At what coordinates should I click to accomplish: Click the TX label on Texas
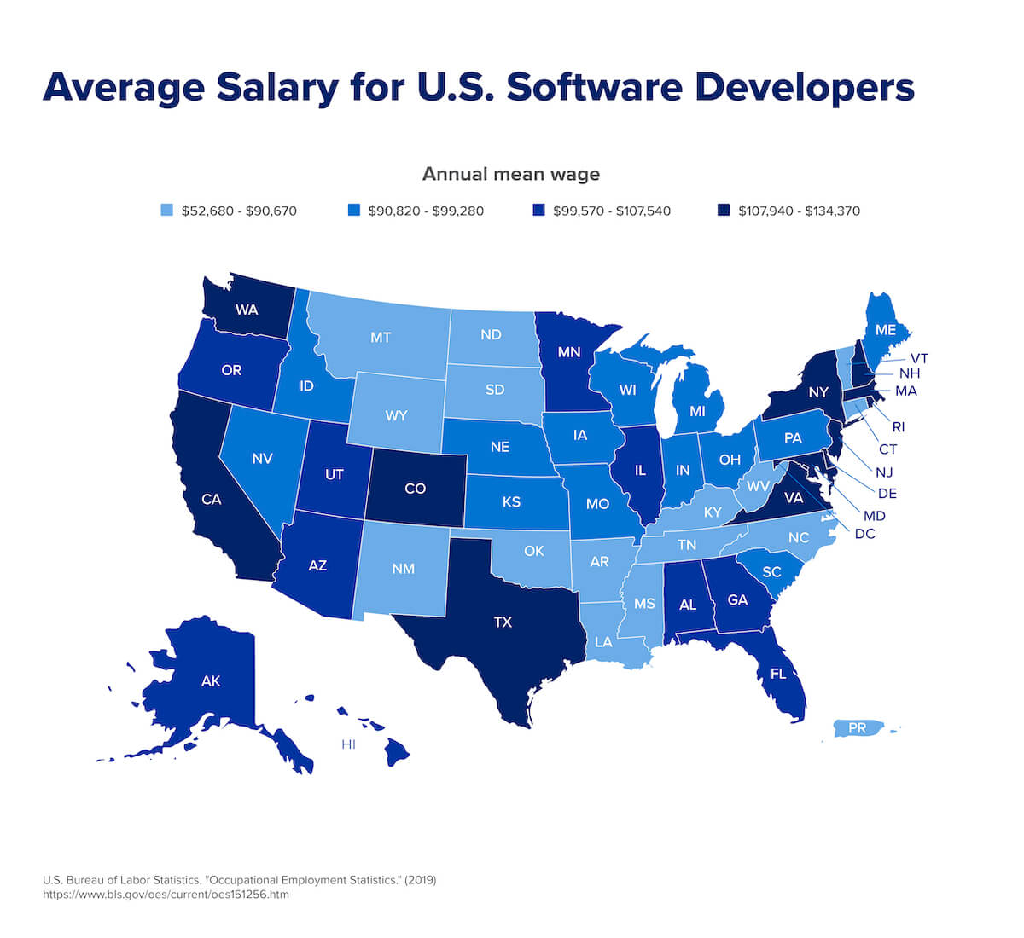(x=503, y=622)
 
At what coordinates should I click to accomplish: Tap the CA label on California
(x=211, y=499)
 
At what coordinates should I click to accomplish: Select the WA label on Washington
(x=247, y=310)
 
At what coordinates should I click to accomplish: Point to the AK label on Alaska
(x=211, y=680)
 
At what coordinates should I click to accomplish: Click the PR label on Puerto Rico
(x=857, y=729)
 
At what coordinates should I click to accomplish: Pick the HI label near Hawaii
(x=348, y=744)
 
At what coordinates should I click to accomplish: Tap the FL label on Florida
(x=777, y=674)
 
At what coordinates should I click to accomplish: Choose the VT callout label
(x=919, y=358)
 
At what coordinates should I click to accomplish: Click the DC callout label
(x=864, y=534)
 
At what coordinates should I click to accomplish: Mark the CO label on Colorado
(x=415, y=489)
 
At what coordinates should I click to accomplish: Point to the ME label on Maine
(x=885, y=330)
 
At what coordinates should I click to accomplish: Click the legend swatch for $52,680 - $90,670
(x=167, y=210)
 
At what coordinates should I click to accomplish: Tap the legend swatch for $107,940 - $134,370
(x=724, y=210)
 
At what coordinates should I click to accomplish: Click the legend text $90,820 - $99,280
(x=426, y=211)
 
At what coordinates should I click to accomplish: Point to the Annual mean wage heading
(x=511, y=174)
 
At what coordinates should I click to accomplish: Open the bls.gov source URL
(x=166, y=895)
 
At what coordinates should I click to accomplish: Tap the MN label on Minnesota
(x=569, y=351)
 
